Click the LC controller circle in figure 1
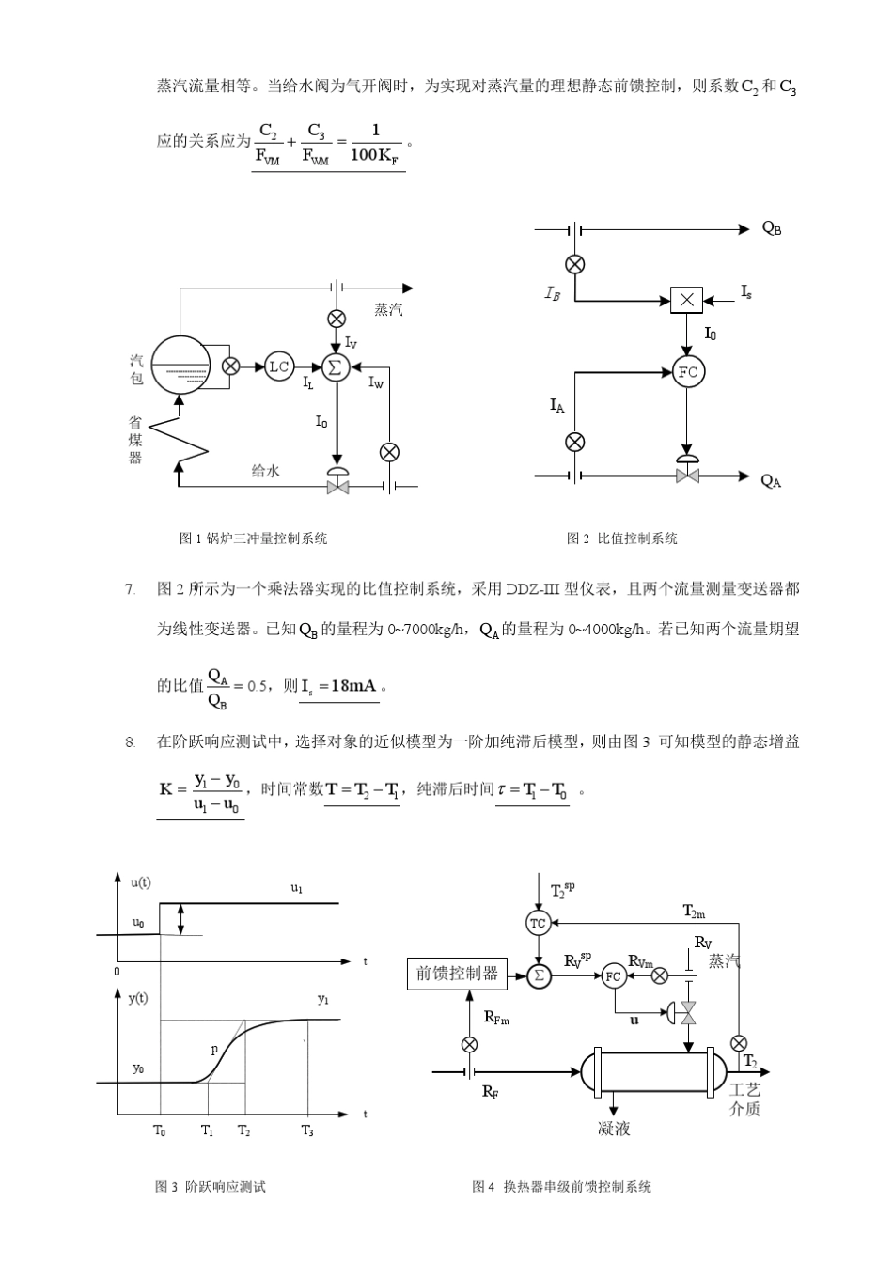point(279,366)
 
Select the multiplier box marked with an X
point(686,300)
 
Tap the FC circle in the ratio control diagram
point(688,372)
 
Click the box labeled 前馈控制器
point(457,974)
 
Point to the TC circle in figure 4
point(538,923)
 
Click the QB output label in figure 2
point(772,228)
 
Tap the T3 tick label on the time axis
point(307,1130)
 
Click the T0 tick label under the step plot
point(160,1130)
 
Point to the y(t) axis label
point(138,998)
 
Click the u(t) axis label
point(140,882)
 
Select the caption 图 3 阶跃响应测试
point(211,1187)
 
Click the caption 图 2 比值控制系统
point(621,538)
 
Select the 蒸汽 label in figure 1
point(388,309)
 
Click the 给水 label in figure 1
point(265,470)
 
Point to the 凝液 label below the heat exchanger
point(614,1128)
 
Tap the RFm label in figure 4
point(496,1016)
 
